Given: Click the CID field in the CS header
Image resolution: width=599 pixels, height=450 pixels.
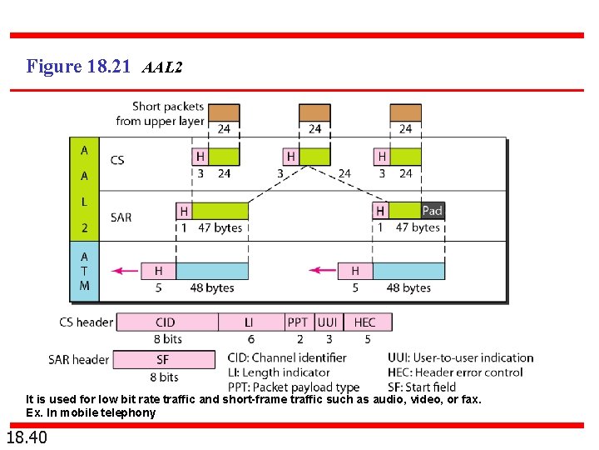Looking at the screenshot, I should pyautogui.click(x=166, y=322).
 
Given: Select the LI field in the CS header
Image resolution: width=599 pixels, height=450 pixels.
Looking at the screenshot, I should pyautogui.click(x=250, y=322).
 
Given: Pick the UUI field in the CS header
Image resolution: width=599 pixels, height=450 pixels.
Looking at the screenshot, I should pyautogui.click(x=327, y=322).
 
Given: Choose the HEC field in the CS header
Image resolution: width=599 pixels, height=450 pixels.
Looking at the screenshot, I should pyautogui.click(x=364, y=322).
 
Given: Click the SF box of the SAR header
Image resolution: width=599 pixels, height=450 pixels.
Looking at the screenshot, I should pyautogui.click(x=164, y=359).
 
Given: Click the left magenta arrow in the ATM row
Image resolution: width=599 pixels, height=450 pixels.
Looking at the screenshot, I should pyautogui.click(x=126, y=270).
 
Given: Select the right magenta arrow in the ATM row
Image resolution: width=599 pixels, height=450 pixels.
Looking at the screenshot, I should pyautogui.click(x=323, y=270).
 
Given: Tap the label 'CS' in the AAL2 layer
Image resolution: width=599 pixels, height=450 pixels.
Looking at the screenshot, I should pyautogui.click(x=117, y=160).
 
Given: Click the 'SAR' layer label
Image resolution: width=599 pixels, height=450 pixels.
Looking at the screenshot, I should pyautogui.click(x=121, y=217).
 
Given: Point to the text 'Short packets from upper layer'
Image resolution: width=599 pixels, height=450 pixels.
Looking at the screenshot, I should pyautogui.click(x=160, y=114).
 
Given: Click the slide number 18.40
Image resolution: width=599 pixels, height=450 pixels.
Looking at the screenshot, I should pyautogui.click(x=27, y=437).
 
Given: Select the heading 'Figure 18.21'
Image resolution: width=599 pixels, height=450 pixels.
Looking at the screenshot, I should pyautogui.click(x=78, y=66).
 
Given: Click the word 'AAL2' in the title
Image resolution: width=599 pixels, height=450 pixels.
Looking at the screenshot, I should pyautogui.click(x=162, y=67).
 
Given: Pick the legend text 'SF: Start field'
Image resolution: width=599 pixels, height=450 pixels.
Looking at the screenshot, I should pyautogui.click(x=422, y=386).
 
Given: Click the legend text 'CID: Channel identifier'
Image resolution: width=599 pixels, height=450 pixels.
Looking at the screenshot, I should pyautogui.click(x=287, y=357).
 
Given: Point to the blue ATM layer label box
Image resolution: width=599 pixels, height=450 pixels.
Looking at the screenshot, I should pyautogui.click(x=84, y=271).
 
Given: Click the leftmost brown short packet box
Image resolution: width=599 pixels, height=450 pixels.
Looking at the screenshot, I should pyautogui.click(x=223, y=112).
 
